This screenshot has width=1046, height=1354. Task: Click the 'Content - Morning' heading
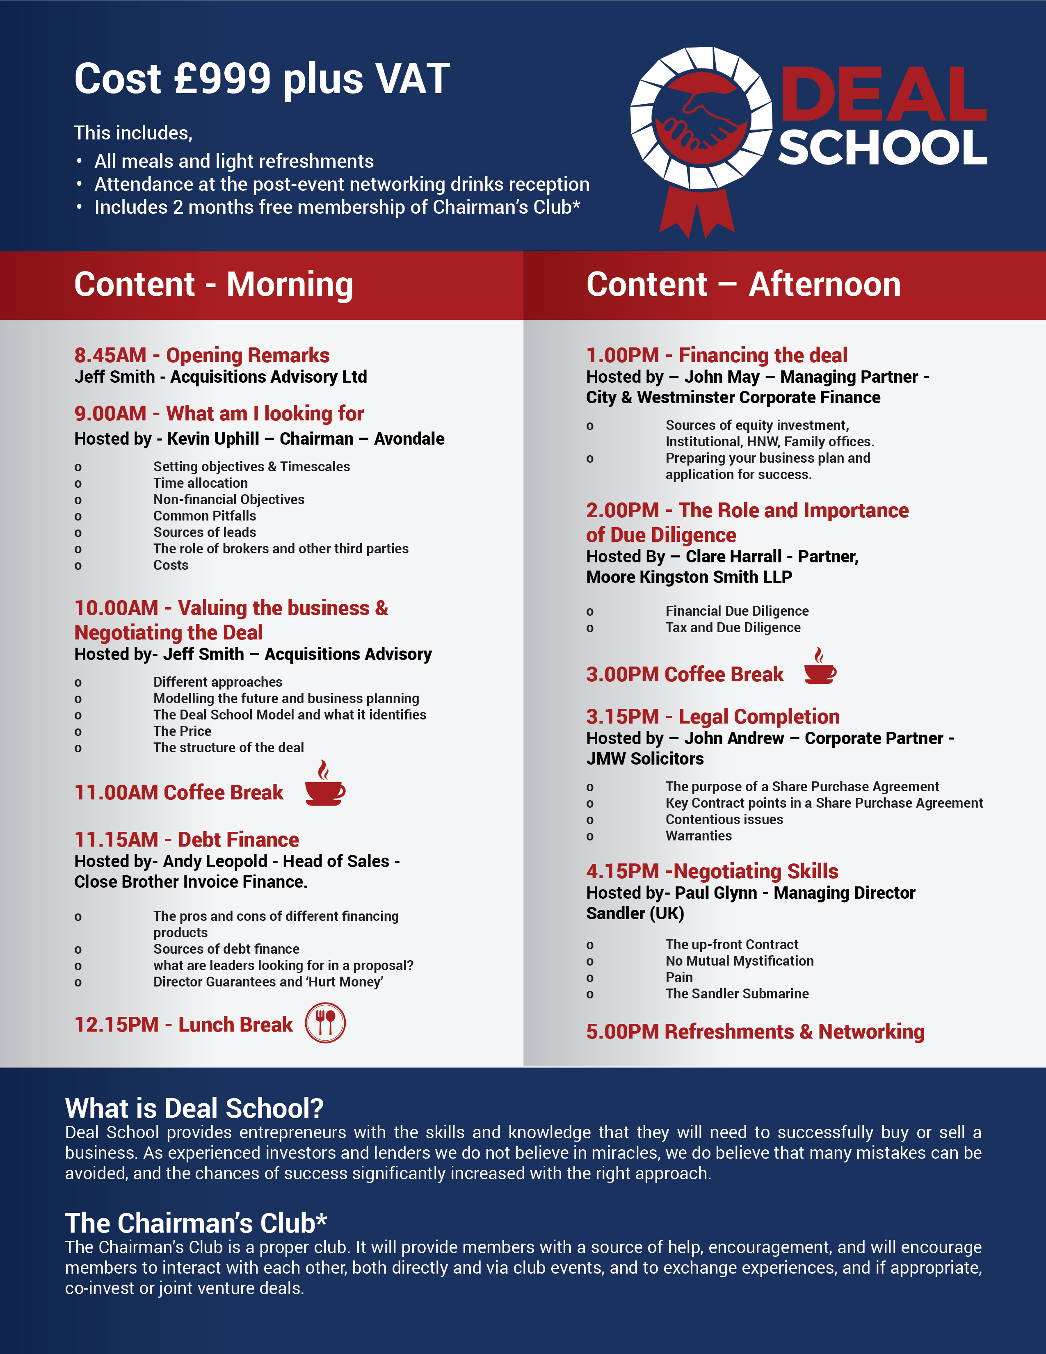pyautogui.click(x=213, y=285)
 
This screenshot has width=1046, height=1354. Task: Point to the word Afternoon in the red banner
pyautogui.click(x=824, y=285)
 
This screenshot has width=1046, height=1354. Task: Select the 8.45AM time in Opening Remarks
pyautogui.click(x=110, y=355)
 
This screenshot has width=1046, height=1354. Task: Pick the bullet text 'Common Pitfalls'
pyautogui.click(x=205, y=516)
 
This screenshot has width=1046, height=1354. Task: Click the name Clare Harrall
pyautogui.click(x=733, y=557)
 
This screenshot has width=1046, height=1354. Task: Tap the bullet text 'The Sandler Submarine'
pyautogui.click(x=737, y=994)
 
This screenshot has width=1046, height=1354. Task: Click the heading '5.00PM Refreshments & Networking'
pyautogui.click(x=755, y=1032)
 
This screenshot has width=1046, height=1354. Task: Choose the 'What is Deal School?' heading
pyautogui.click(x=194, y=1108)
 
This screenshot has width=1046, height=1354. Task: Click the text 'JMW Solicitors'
pyautogui.click(x=645, y=759)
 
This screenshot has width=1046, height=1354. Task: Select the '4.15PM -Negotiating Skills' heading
pyautogui.click(x=712, y=872)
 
